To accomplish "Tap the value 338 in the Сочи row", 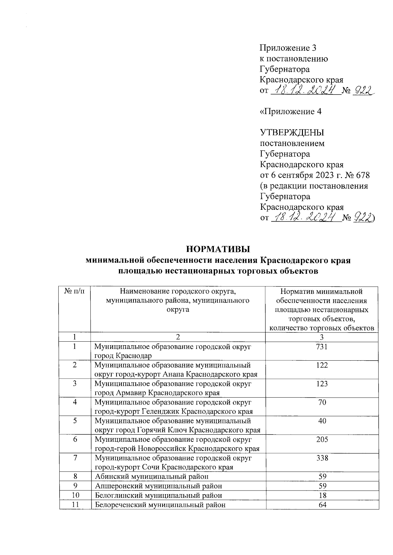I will (322, 458).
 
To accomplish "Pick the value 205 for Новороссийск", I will (322, 440).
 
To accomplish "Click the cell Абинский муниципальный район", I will (152, 477).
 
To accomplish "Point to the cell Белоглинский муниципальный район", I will (158, 495).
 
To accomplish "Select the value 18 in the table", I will (322, 495).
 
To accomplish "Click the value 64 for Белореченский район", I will (322, 505).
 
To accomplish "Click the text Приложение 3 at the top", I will (288, 48).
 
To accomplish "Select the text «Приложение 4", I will (290, 112).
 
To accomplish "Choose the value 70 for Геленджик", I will (322, 403).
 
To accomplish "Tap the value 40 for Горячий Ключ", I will (322, 421).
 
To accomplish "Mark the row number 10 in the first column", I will (75, 495).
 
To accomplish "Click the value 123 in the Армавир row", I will (322, 384).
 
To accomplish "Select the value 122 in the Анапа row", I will (322, 365).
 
